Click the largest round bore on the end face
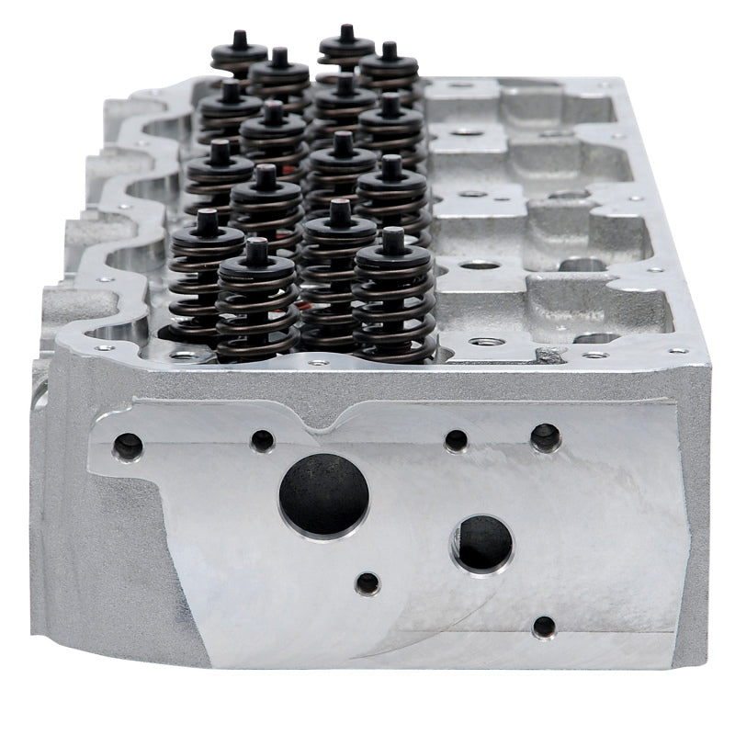[x=323, y=494]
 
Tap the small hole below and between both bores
[x=367, y=582]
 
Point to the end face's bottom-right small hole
[x=544, y=628]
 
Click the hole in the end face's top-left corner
[x=128, y=447]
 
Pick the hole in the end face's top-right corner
[x=545, y=436]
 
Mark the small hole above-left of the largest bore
[x=263, y=440]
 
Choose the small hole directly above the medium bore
[x=456, y=440]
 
